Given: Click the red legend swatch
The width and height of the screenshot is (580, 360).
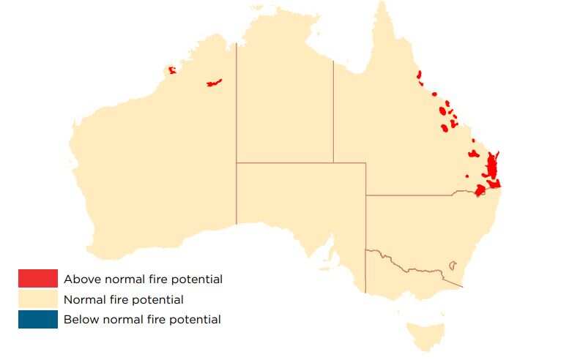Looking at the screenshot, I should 37,279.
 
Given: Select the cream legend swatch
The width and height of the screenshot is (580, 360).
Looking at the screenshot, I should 37,299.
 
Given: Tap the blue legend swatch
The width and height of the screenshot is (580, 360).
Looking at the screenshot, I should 37,319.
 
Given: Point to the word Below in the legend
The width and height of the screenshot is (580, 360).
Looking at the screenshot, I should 79,319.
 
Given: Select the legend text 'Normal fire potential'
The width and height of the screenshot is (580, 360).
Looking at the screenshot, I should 123,299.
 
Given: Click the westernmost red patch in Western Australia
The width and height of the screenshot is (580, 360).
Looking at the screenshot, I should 172,70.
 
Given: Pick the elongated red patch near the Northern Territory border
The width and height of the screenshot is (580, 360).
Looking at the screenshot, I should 214,83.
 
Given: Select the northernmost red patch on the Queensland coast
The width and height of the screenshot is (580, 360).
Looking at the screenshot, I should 420,75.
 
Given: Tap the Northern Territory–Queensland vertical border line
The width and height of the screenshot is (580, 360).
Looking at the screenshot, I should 333,110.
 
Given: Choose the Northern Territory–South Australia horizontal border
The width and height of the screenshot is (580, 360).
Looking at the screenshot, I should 300,163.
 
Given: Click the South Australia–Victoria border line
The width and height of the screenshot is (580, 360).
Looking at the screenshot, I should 365,271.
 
